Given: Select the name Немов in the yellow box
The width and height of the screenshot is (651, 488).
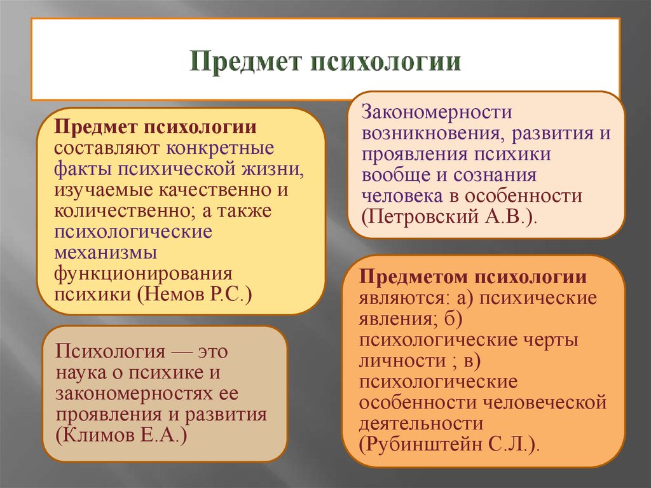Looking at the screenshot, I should [x=167, y=295].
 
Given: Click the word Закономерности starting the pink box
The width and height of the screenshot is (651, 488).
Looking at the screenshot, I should [x=437, y=113].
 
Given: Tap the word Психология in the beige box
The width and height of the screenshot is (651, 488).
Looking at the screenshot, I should [x=111, y=351].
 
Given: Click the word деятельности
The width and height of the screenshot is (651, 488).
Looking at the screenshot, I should [x=421, y=422].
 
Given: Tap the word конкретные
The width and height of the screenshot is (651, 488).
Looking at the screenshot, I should [x=221, y=148].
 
